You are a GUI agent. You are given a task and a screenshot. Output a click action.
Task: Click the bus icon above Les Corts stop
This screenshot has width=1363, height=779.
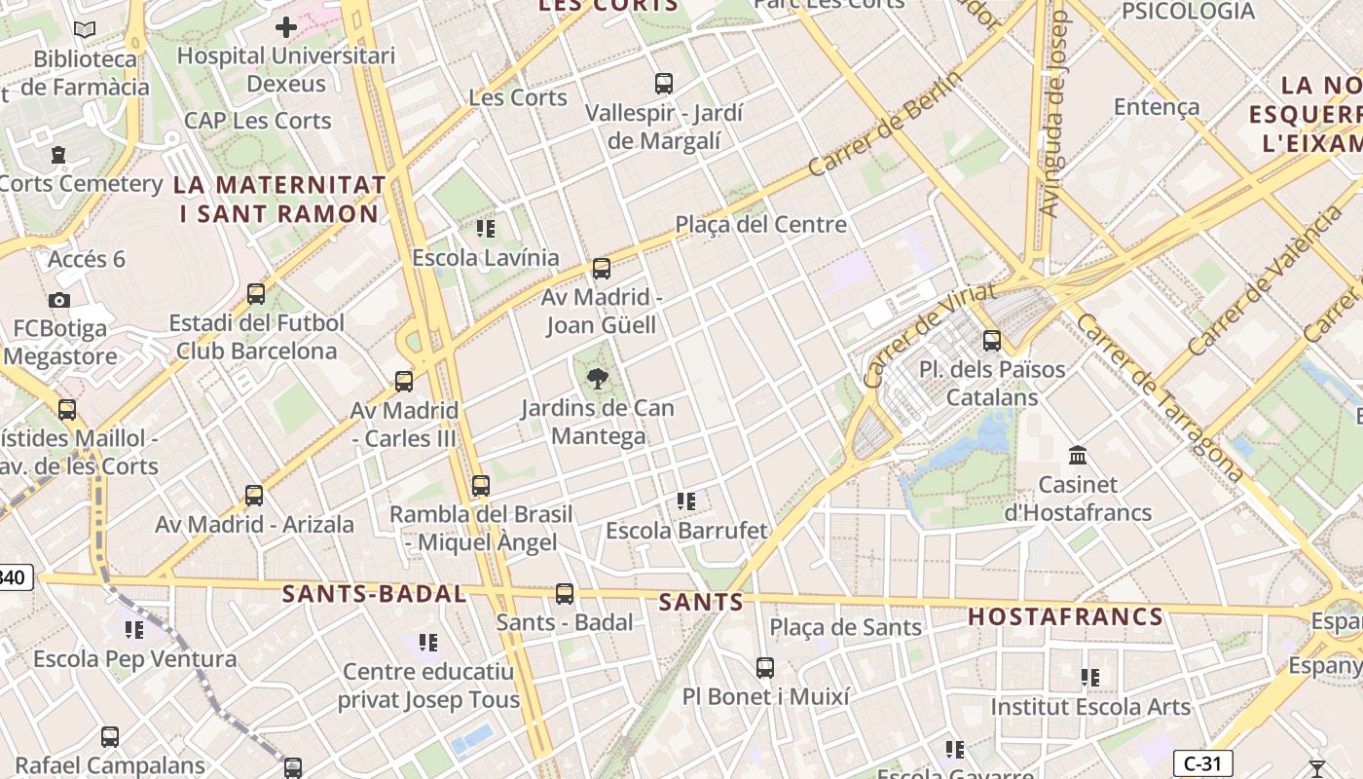click(664, 84)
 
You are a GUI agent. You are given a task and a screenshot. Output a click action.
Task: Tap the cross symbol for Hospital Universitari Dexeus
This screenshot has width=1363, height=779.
click(286, 27)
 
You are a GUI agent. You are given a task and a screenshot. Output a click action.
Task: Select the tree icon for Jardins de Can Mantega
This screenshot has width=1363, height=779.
click(598, 379)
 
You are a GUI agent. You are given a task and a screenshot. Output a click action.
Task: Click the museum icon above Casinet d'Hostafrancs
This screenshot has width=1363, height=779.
click(1078, 455)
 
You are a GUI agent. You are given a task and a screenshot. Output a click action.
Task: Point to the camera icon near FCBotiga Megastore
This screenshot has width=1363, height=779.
click(59, 300)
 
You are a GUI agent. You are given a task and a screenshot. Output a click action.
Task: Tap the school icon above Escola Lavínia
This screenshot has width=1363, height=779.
click(486, 229)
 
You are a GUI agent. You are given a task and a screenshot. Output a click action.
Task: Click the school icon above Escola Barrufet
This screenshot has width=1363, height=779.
click(686, 501)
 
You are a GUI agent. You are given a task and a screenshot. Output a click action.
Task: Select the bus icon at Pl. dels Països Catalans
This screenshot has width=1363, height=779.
click(992, 341)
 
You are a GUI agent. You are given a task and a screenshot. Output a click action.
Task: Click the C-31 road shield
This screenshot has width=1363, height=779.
click(1203, 763)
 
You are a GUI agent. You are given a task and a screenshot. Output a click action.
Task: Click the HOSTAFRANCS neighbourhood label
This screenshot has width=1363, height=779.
click(1066, 616)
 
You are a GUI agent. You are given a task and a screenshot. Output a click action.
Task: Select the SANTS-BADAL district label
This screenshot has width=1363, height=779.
click(375, 594)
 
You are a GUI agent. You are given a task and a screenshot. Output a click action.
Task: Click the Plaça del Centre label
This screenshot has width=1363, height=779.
click(761, 225)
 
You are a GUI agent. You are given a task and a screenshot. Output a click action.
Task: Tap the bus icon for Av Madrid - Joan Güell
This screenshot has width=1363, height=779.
click(602, 269)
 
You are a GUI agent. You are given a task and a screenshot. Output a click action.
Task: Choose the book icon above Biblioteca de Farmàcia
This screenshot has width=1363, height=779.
click(86, 30)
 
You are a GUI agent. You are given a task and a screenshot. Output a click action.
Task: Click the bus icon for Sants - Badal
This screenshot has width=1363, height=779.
click(565, 594)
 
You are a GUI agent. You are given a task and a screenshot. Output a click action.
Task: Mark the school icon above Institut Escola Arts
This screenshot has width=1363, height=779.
click(1090, 677)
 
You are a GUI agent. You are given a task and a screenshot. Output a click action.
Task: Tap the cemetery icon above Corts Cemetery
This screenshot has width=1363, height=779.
click(58, 155)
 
